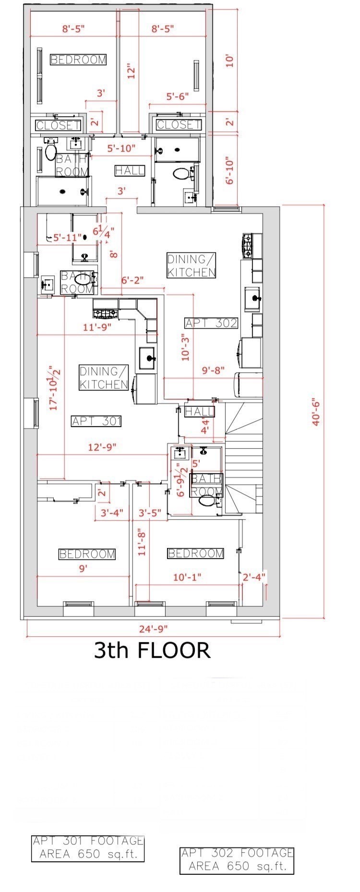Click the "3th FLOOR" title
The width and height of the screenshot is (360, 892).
point(152,650)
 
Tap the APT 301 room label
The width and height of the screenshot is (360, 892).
point(96,421)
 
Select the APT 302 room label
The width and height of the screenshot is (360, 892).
point(211,323)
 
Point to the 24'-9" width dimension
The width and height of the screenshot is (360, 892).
point(154,628)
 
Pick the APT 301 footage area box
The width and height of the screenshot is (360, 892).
point(88,848)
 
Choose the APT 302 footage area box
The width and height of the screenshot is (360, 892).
point(237,861)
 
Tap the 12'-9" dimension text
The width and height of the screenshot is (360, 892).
point(102,447)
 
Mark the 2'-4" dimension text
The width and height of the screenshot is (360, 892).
point(254,577)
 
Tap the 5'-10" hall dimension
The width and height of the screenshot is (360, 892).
point(121,148)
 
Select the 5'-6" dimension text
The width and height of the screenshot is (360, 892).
point(178,96)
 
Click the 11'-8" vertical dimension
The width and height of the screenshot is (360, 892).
point(142,542)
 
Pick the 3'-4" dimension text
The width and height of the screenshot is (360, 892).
point(112,512)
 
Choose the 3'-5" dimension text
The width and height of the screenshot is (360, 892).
point(150,512)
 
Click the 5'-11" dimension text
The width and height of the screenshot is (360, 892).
point(65,237)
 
